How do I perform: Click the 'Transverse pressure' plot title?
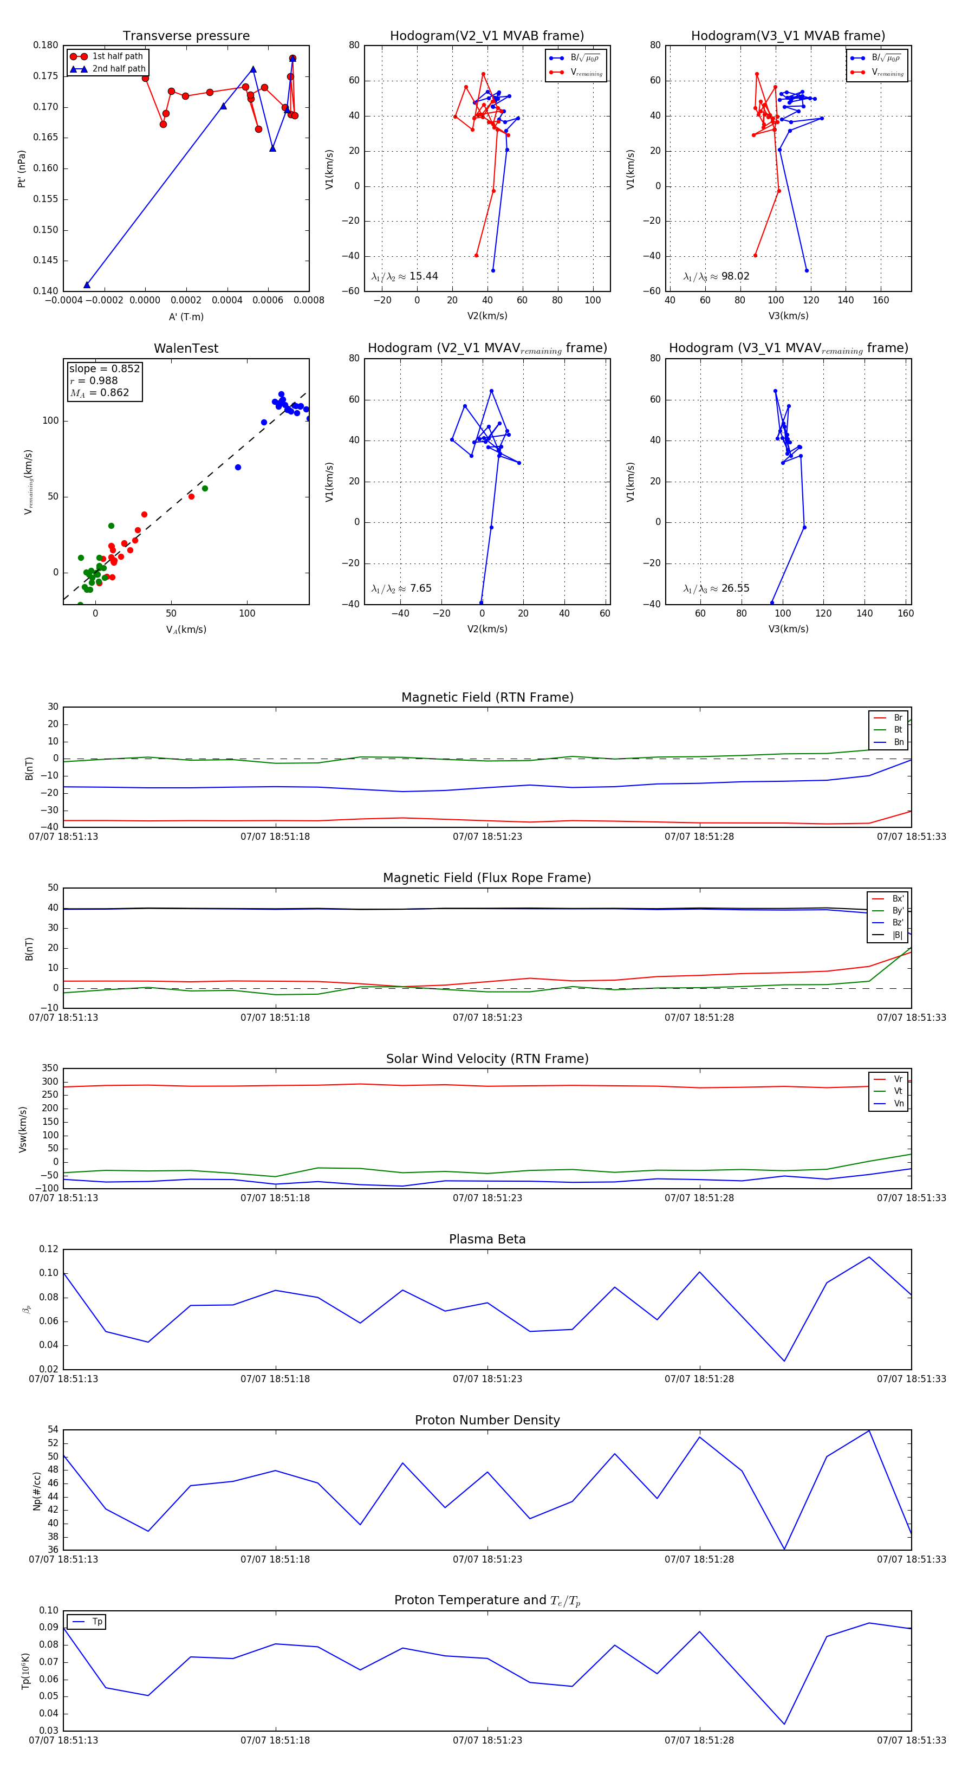pyautogui.click(x=186, y=36)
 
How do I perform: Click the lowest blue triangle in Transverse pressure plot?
pyautogui.click(x=87, y=284)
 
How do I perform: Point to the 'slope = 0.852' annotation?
pyautogui.click(x=104, y=368)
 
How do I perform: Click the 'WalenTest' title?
pyautogui.click(x=186, y=348)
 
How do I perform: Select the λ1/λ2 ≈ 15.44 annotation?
pyautogui.click(x=405, y=276)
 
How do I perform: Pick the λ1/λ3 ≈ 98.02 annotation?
pyautogui.click(x=716, y=276)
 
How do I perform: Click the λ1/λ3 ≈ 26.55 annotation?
pyautogui.click(x=716, y=588)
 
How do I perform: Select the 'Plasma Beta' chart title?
pyautogui.click(x=487, y=1239)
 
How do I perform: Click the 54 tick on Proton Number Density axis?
pyautogui.click(x=53, y=1430)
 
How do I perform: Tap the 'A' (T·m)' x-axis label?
pyautogui.click(x=186, y=317)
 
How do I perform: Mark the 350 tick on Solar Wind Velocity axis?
pyautogui.click(x=50, y=1068)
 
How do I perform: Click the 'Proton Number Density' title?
pyautogui.click(x=487, y=1420)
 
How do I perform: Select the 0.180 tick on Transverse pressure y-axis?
pyautogui.click(x=46, y=45)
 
